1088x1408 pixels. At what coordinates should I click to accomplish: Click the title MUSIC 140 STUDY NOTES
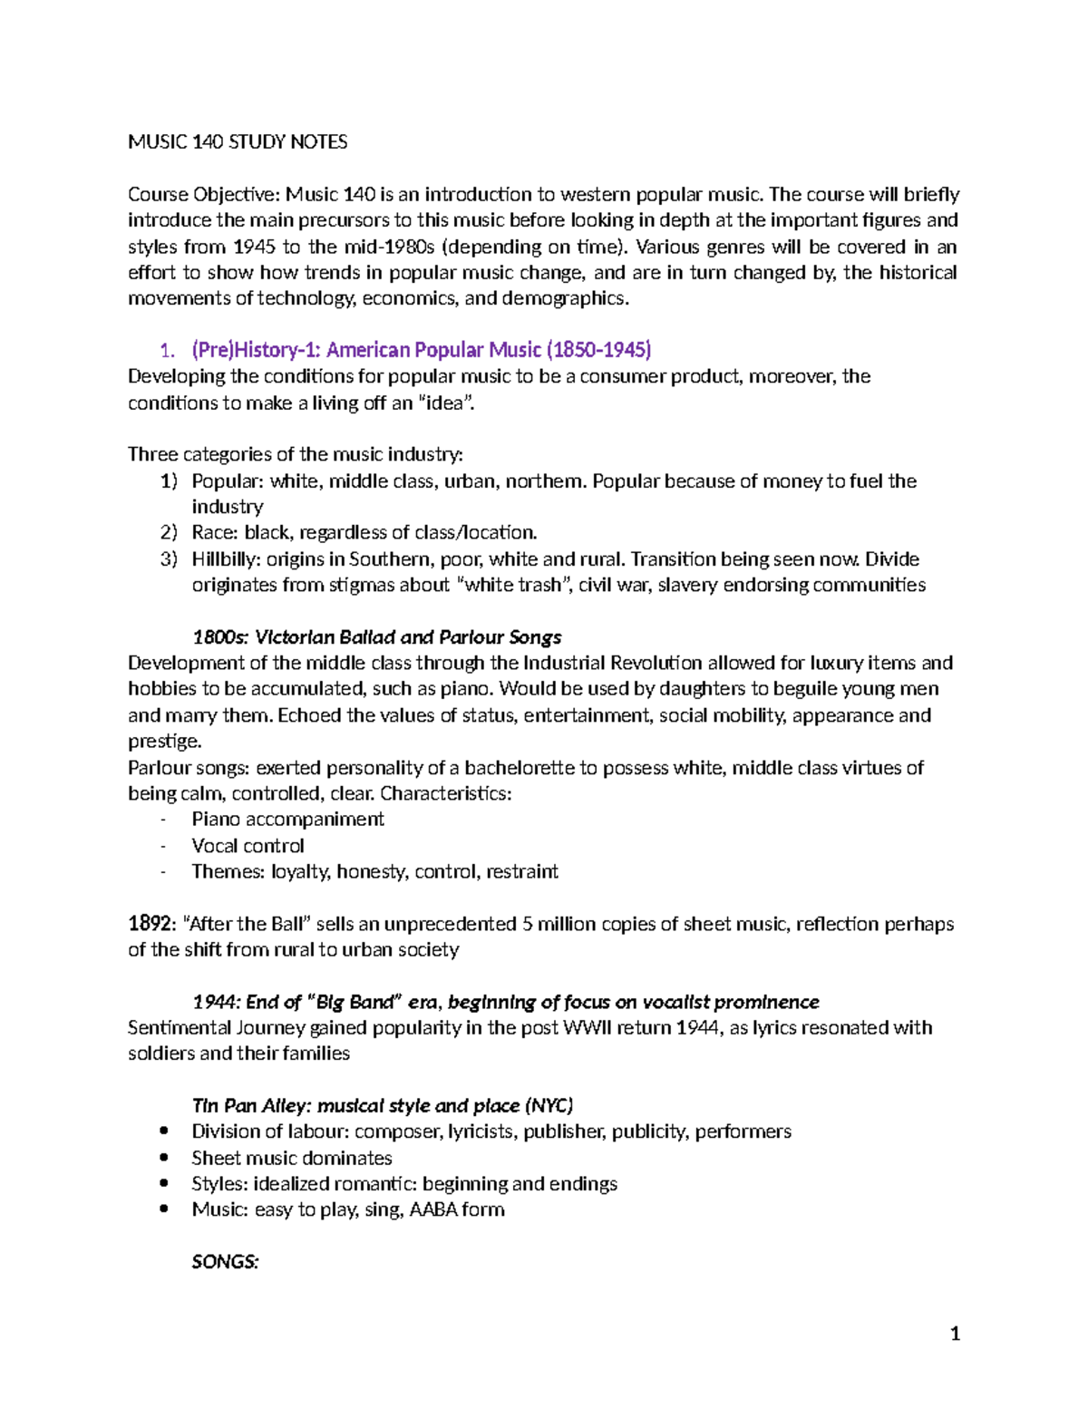[238, 141]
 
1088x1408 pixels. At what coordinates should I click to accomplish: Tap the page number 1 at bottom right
[954, 1333]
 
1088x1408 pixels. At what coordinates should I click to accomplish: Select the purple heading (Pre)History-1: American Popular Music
[421, 350]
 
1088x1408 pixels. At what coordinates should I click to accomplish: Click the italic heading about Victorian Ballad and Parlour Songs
[376, 636]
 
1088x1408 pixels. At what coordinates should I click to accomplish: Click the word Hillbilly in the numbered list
[223, 558]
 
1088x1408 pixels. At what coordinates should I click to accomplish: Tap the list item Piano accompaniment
[287, 819]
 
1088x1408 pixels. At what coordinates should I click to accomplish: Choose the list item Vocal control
[248, 845]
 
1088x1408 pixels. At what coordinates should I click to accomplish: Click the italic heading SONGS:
[225, 1261]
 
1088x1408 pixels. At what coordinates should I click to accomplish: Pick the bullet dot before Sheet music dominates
[164, 1158]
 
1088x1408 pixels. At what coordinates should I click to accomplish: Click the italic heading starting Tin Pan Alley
[382, 1105]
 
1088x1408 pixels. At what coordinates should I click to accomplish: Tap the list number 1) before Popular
[169, 481]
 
